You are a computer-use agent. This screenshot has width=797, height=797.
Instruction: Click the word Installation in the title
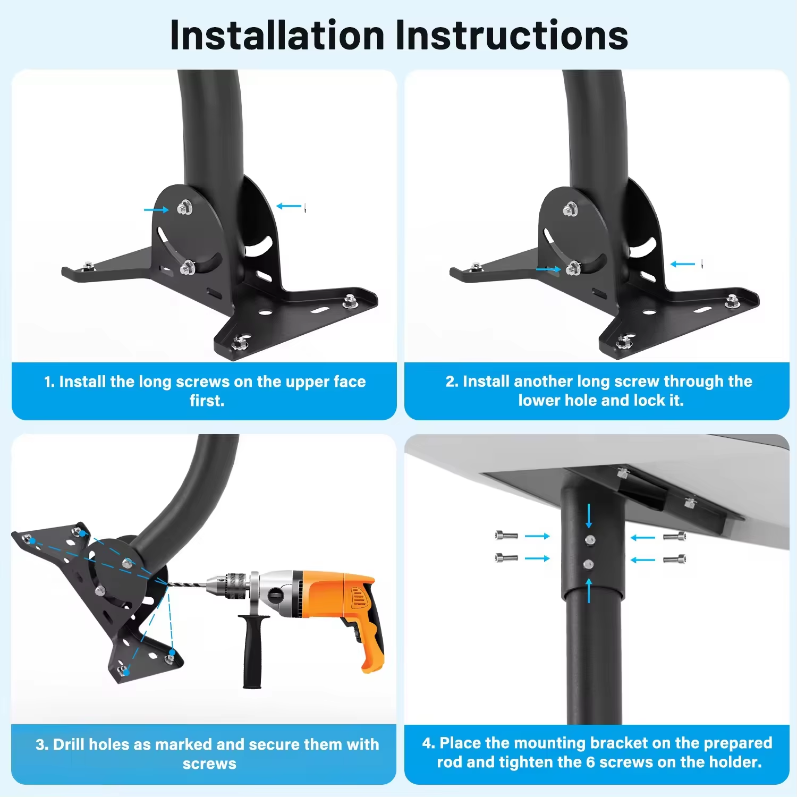tap(277, 36)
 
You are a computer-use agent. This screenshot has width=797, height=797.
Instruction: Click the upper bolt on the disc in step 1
tap(185, 208)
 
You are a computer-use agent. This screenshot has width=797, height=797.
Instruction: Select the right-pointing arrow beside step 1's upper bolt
tap(156, 210)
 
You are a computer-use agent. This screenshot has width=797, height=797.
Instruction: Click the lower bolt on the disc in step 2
tap(573, 268)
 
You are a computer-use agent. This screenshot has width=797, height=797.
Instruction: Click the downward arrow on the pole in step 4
tap(589, 515)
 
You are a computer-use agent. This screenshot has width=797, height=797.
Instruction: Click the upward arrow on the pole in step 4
tap(589, 590)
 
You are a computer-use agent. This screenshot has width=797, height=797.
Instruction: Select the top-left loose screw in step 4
tap(506, 535)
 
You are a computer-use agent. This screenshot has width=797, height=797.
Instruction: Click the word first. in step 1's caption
tap(207, 401)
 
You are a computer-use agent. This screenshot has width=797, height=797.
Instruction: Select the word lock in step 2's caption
tap(645, 400)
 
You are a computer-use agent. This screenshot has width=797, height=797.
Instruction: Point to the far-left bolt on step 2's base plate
tap(476, 267)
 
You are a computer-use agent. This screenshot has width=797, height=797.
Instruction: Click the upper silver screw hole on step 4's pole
tap(589, 540)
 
